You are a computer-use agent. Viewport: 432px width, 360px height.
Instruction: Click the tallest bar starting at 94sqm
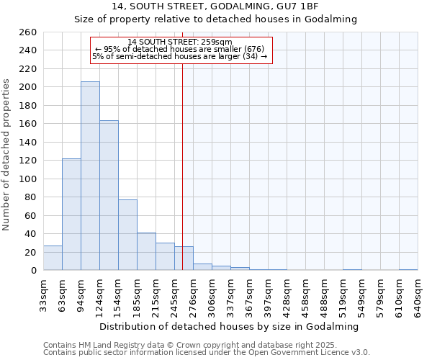pos(90,176)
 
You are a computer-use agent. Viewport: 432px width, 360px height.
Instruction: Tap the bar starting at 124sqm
pos(109,195)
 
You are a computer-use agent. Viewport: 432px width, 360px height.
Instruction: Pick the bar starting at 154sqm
pos(127,235)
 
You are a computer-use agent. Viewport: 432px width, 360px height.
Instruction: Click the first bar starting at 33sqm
pos(53,258)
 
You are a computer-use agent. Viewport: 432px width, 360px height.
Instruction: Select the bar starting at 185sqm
pos(146,251)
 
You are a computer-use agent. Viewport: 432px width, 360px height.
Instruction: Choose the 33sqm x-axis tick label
pos(44,294)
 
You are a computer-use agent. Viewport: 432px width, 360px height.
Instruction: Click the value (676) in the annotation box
pos(252,49)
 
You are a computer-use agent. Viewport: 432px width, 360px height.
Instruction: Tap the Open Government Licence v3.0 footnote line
pos(207,353)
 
